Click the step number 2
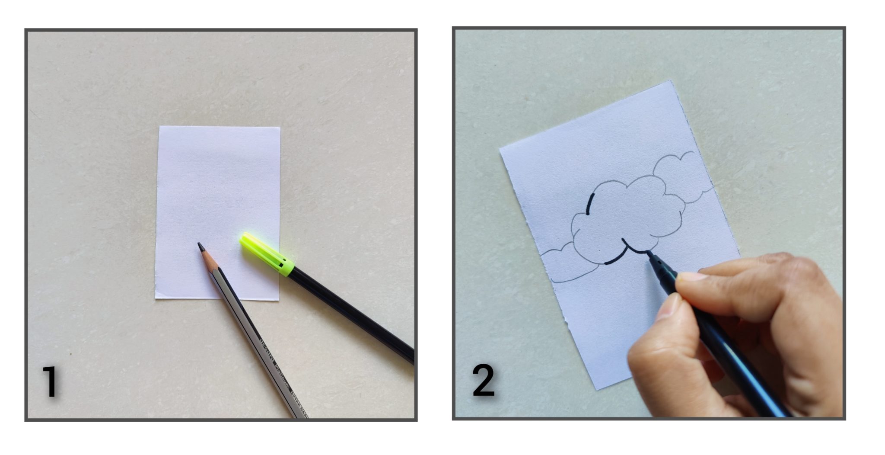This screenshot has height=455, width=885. point(483,381)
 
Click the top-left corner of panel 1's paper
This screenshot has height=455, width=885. point(160,127)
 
